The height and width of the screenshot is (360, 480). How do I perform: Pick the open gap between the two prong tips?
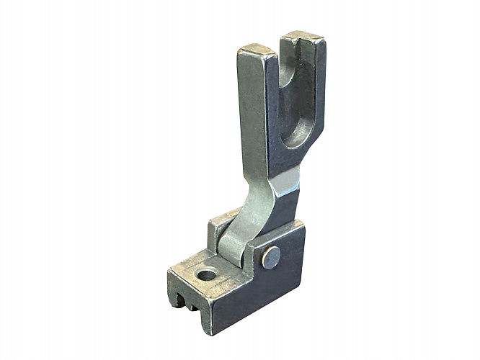coord(280,54)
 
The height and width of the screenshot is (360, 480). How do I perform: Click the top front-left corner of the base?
coord(171,271)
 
